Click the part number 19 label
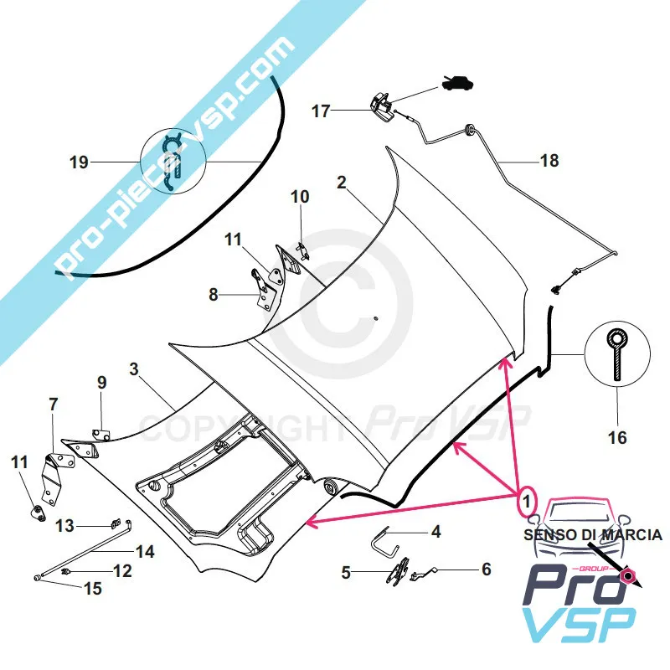(79, 162)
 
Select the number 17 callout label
(322, 111)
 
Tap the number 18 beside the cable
(549, 160)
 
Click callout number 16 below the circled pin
(617, 436)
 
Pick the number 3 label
(134, 369)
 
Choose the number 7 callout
(54, 405)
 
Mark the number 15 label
(92, 589)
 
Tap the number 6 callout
(486, 569)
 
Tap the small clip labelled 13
(113, 524)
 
